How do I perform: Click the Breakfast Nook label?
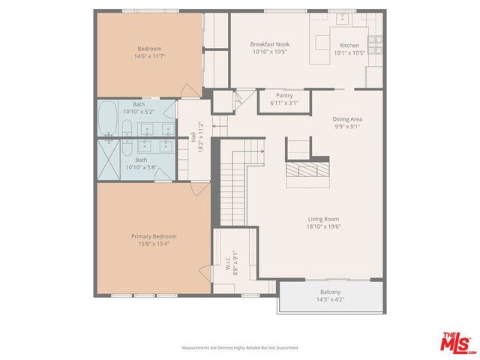click(269, 44)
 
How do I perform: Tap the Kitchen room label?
click(349, 44)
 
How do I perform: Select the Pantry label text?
click(283, 95)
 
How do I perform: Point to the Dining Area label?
click(348, 118)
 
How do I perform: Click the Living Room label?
click(323, 219)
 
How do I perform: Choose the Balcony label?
click(330, 292)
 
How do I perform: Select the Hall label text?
click(193, 137)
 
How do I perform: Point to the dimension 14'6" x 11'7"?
click(149, 56)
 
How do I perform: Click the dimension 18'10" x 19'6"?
click(323, 226)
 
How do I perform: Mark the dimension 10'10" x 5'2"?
click(139, 112)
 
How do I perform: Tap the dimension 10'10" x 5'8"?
click(141, 167)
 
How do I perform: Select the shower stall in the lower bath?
click(109, 160)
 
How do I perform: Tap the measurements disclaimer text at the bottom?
click(240, 348)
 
